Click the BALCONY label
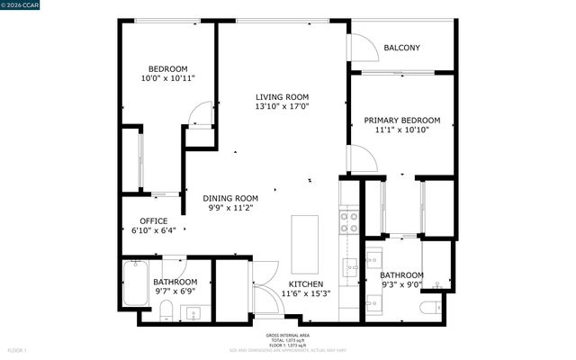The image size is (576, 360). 401,48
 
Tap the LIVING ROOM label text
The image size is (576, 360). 282,97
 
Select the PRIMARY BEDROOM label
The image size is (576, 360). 401,120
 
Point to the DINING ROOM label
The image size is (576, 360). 229,198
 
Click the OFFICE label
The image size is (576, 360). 153,220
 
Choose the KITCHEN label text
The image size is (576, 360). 305,283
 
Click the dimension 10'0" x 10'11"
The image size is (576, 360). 167,79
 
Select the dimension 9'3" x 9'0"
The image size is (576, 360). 400,285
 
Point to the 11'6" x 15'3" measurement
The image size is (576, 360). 305,293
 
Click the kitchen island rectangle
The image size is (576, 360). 305,244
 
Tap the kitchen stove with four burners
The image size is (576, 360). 349,220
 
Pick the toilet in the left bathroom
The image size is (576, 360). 166,311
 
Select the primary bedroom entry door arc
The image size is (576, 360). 362,159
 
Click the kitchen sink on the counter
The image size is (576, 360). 348,266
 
